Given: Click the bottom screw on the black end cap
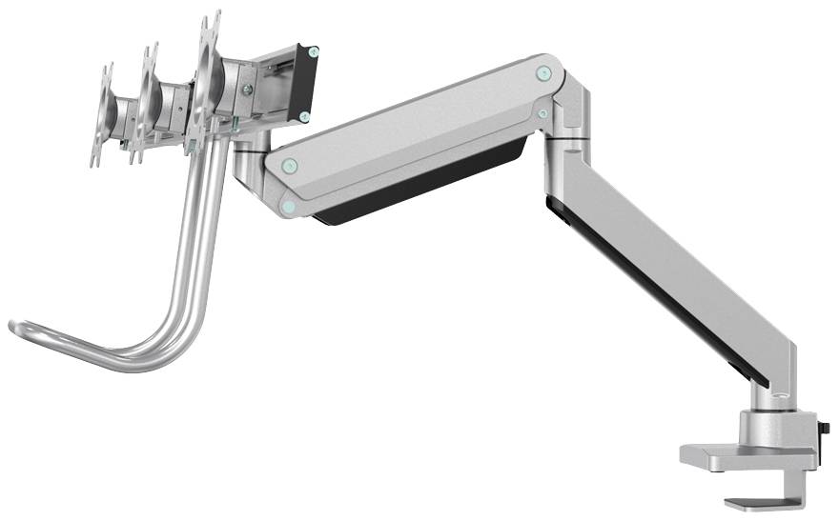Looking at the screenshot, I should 303,116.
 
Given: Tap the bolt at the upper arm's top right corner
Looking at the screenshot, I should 542,71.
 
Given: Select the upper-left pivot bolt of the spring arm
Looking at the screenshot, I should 290,166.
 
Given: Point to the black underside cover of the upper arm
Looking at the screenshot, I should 419,186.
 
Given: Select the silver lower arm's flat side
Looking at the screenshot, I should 667,257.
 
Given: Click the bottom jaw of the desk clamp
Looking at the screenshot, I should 758,502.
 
